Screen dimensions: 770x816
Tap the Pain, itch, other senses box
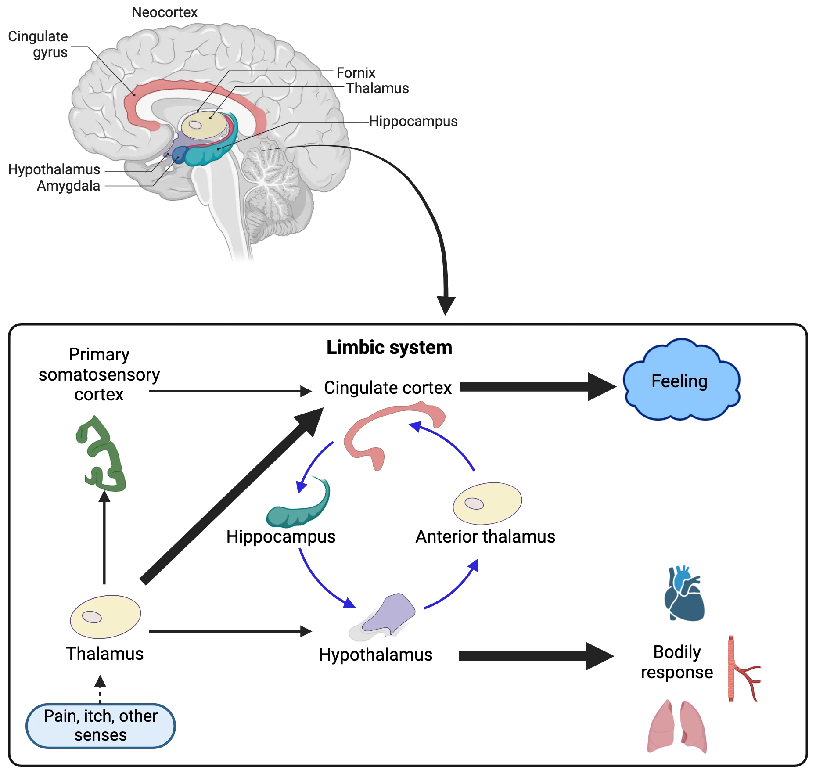[101, 725]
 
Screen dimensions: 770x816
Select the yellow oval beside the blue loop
[488, 504]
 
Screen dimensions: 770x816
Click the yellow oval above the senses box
[105, 616]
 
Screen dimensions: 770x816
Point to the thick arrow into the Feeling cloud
[536, 386]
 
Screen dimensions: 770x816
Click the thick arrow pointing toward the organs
[533, 657]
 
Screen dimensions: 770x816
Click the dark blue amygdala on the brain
[179, 155]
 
